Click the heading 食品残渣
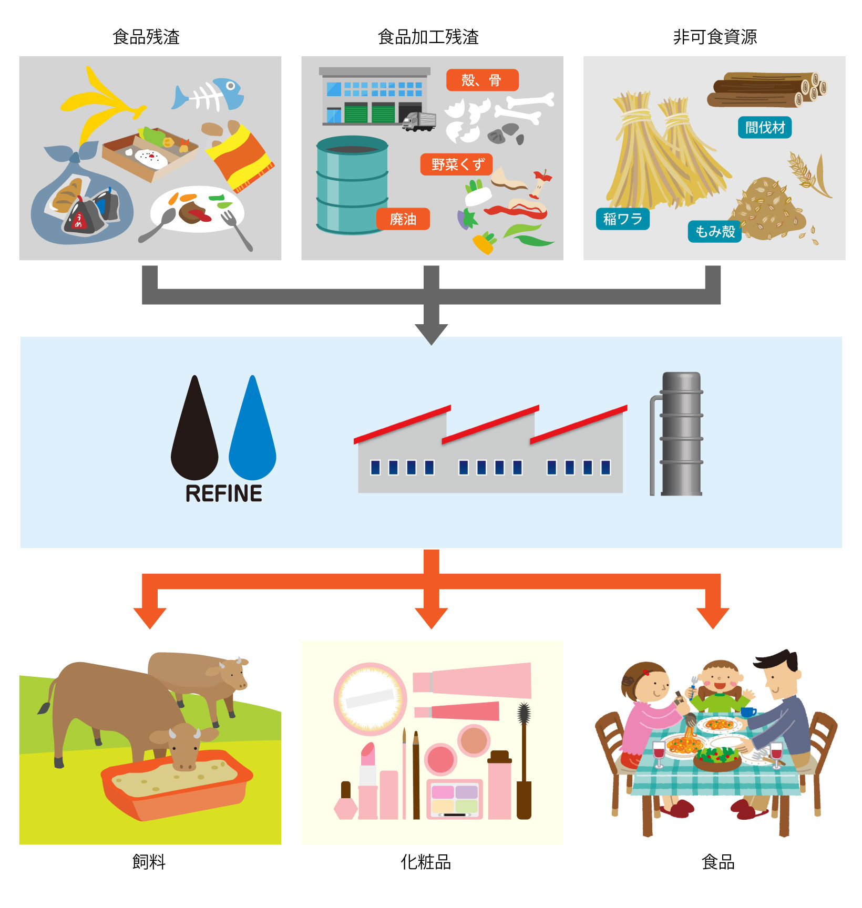(146, 37)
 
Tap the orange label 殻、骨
(482, 80)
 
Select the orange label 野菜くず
(456, 164)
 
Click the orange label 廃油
(403, 219)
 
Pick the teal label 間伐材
(765, 128)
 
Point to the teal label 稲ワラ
(622, 219)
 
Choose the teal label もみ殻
(714, 231)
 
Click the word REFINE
(224, 494)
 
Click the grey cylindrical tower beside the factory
(681, 434)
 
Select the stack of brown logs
(765, 89)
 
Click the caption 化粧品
(426, 862)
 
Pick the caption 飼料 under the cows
(149, 862)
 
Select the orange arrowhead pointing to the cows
(150, 617)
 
